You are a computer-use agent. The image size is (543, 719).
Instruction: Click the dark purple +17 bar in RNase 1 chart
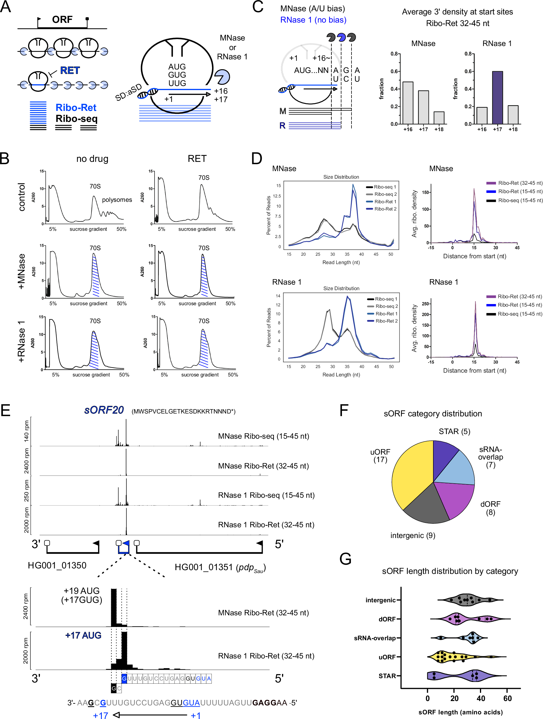[x=497, y=98]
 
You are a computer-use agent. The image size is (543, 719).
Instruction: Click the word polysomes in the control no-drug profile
[x=117, y=200]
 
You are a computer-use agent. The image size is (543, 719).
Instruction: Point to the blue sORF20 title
[x=104, y=410]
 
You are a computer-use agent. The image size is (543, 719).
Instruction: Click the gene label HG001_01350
[x=57, y=565]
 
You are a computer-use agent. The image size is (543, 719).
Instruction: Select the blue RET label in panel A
[x=70, y=70]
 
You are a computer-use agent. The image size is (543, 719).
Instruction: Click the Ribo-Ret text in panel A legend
[x=76, y=108]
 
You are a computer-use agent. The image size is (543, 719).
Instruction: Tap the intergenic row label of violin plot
[x=380, y=600]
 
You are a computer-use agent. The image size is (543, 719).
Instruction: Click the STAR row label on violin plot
[x=387, y=676]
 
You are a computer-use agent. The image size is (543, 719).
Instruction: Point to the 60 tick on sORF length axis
[x=507, y=698]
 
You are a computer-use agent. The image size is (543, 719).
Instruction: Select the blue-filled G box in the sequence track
[x=124, y=678]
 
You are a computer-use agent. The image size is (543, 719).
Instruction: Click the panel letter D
[x=257, y=159]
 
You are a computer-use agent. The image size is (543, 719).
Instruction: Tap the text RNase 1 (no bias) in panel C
[x=313, y=20]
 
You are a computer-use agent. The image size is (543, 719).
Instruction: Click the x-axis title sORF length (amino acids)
[x=460, y=712]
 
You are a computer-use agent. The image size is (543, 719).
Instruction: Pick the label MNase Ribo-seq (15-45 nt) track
[x=263, y=436]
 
